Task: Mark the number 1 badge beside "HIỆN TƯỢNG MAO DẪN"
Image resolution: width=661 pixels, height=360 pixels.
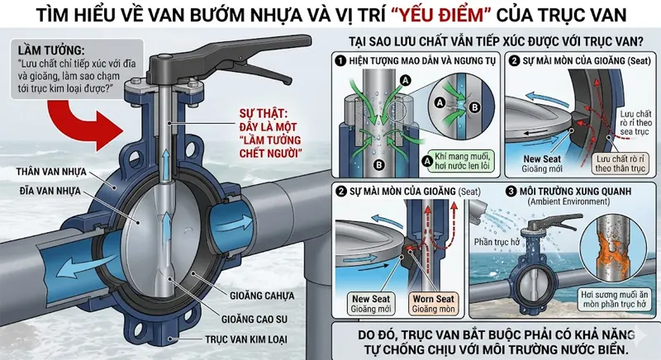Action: (339, 61)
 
